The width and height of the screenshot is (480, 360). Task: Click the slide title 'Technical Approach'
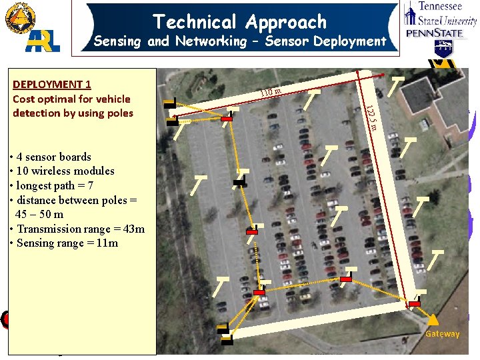click(240, 21)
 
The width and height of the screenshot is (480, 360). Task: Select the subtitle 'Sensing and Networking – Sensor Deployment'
click(240, 41)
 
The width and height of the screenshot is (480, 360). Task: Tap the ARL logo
click(43, 41)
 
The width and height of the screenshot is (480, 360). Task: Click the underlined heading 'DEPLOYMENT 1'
click(52, 84)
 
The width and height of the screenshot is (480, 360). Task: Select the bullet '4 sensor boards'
click(51, 157)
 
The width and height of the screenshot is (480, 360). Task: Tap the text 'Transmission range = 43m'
click(77, 229)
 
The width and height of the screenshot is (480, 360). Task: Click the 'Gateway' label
click(443, 334)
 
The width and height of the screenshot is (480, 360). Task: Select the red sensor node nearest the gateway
click(415, 303)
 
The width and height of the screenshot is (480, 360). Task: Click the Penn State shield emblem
click(443, 49)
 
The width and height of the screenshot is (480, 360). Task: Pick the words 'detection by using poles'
click(73, 113)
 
